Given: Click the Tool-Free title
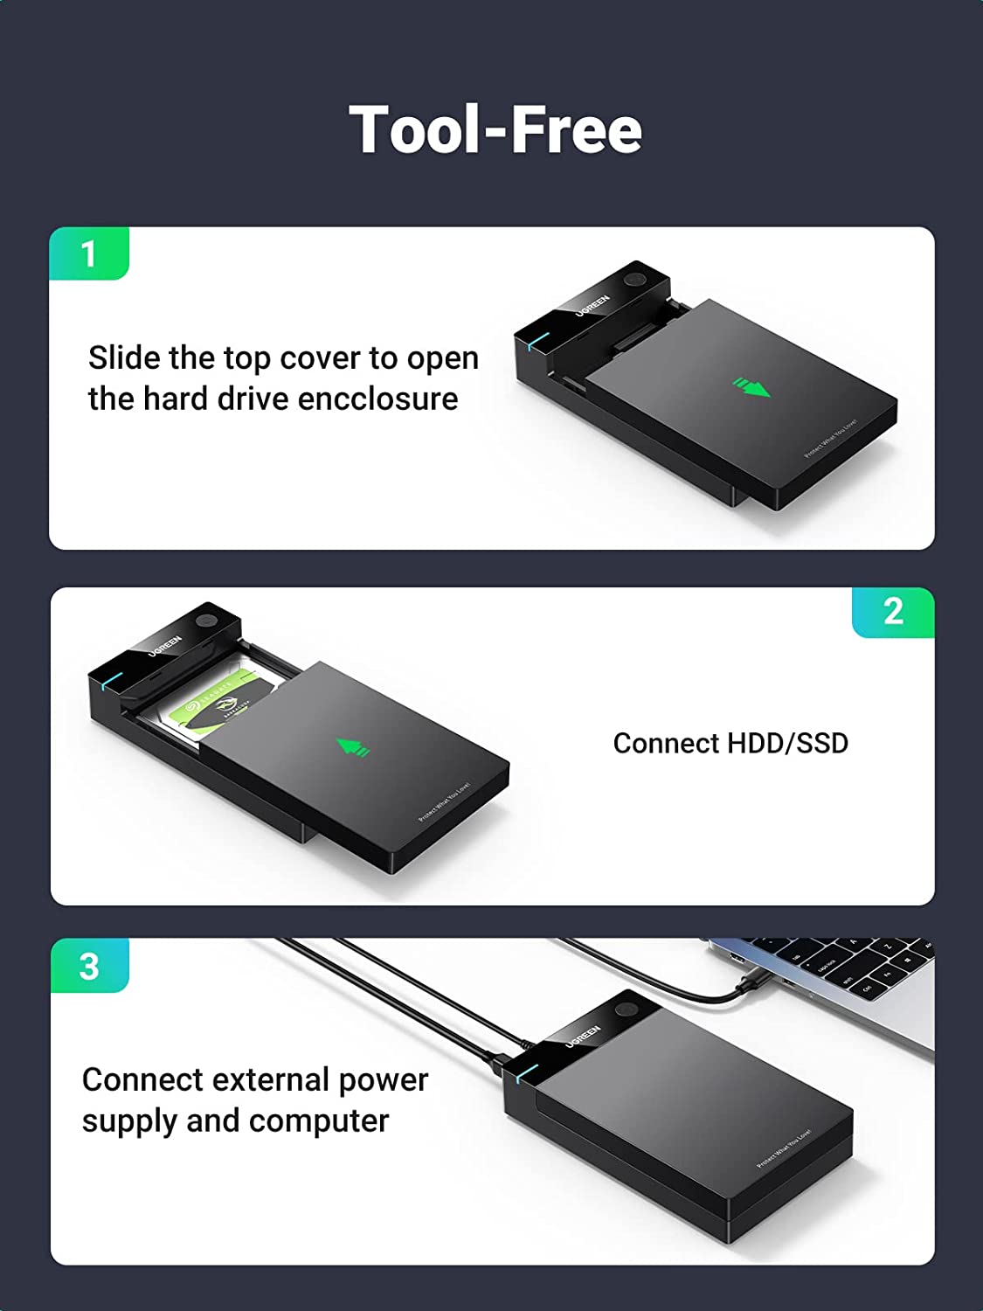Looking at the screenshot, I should pos(495,129).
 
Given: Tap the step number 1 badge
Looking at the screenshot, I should pos(88,254).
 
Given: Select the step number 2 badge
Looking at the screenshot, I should pos(893,612).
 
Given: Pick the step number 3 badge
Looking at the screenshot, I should pos(89,967).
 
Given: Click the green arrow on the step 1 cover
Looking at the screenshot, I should pos(751,386).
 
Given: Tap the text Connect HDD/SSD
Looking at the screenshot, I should pos(730,743).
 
